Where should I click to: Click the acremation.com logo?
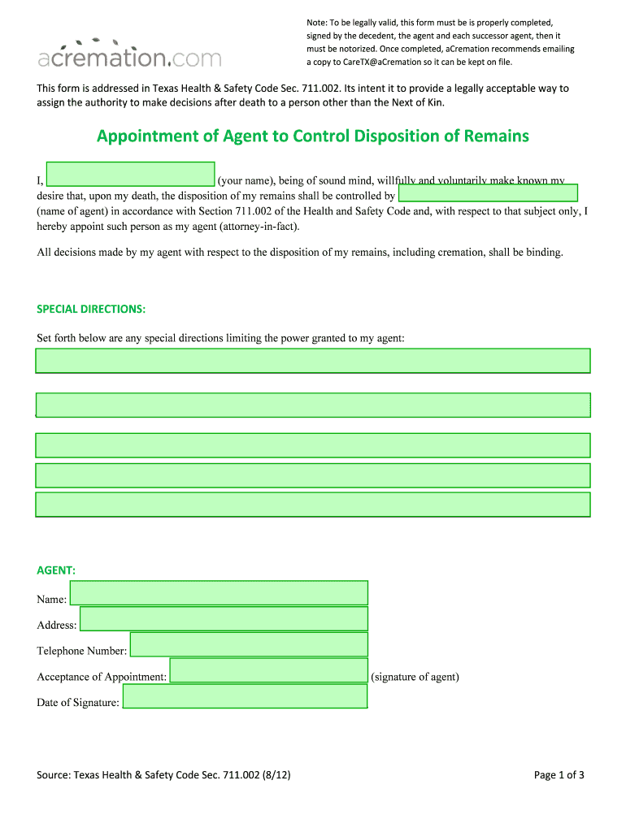[129, 54]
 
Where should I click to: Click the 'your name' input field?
[131, 174]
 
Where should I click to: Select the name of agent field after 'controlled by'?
[488, 193]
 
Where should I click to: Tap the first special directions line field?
[313, 361]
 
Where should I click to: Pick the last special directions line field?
[313, 505]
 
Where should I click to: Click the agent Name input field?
[219, 593]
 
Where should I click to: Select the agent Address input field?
[224, 619]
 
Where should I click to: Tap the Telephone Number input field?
[249, 645]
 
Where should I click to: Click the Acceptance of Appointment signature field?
[268, 670]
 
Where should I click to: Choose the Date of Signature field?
[244, 696]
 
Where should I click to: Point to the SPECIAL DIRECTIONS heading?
[91, 310]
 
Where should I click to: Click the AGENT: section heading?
[56, 571]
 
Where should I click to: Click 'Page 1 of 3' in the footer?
[559, 775]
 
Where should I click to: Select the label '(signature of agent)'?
[415, 677]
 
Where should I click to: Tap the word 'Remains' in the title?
[496, 136]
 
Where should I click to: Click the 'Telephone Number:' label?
[81, 651]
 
